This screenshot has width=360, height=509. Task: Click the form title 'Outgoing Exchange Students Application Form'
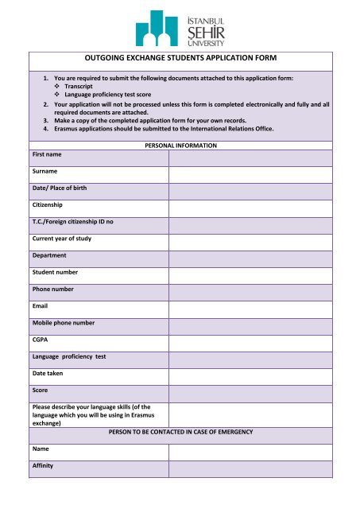click(180, 58)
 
